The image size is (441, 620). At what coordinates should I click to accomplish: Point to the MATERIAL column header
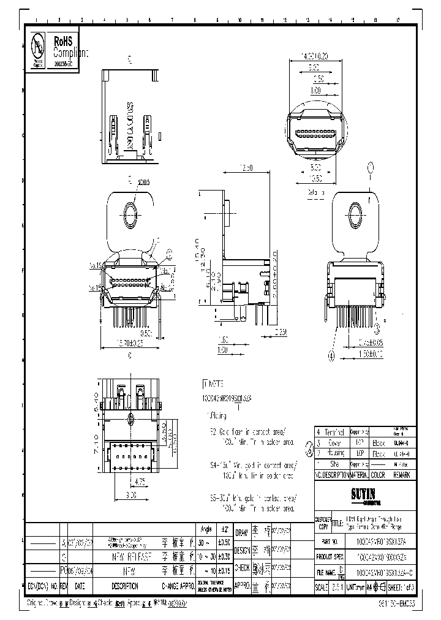pos(360,474)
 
